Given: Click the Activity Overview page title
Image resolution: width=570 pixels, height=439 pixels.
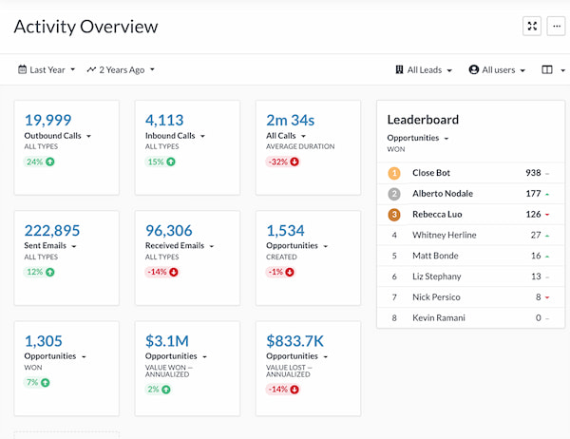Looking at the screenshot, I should (85, 27).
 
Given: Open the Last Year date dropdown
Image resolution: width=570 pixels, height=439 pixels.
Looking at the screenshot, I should (47, 69).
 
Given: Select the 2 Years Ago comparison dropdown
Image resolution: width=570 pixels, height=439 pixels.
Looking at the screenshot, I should (121, 69).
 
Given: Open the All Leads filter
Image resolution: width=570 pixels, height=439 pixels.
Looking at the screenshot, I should (424, 69).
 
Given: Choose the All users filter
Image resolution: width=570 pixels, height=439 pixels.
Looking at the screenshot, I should (497, 69).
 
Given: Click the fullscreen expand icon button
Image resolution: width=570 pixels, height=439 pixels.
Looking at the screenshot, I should (532, 27).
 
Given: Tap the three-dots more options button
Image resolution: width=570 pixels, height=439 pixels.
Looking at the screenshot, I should (557, 27).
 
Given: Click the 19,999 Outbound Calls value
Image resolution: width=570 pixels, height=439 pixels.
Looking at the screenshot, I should (47, 120).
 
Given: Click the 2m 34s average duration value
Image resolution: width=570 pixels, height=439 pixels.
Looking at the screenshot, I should (290, 120).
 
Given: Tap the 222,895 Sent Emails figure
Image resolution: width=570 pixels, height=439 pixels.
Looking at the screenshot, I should (52, 230).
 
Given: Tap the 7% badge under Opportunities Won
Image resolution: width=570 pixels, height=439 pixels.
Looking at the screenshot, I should (38, 382).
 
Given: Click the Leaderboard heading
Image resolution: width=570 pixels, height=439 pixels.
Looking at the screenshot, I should (423, 120).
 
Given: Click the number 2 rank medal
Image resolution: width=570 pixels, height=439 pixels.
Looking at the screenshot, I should (394, 194).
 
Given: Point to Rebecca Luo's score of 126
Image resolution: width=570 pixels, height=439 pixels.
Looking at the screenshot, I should (533, 214).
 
